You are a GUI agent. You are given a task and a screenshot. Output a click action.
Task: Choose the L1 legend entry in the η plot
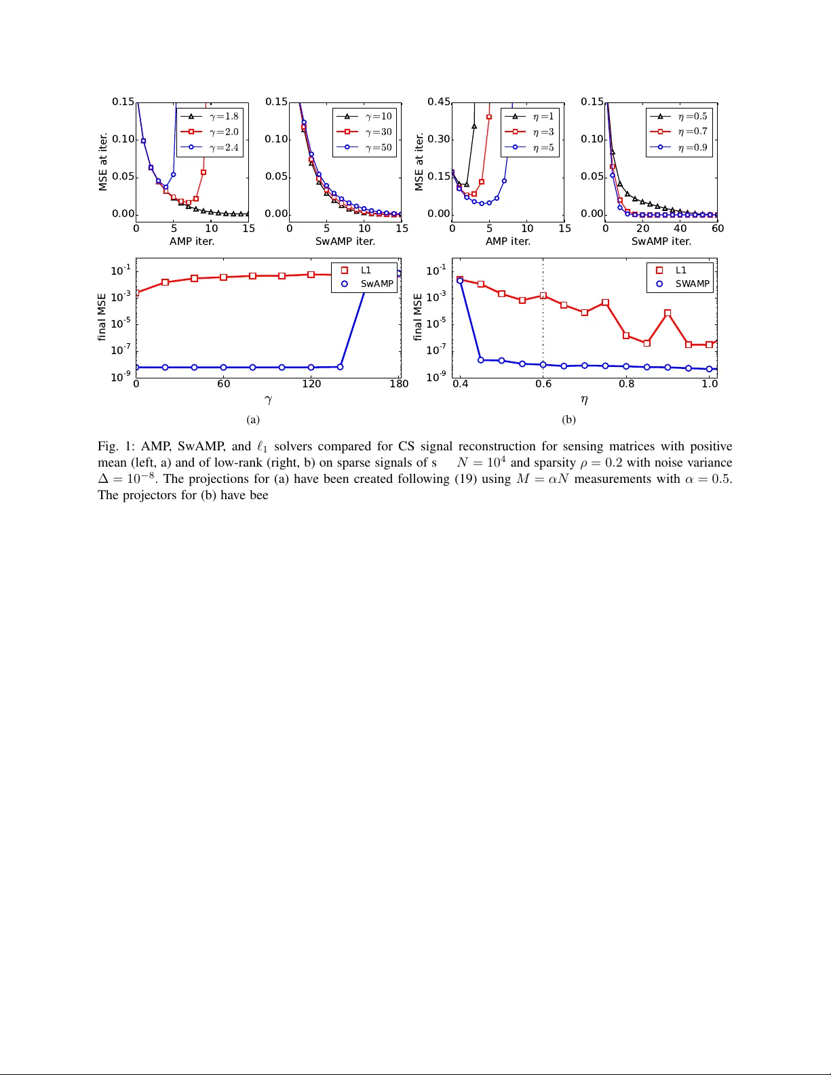[680, 270]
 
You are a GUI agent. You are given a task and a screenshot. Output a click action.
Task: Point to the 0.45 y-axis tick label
[439, 102]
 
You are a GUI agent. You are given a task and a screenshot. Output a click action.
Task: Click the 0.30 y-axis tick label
[439, 139]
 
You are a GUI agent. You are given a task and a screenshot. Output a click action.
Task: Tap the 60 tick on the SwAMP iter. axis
[718, 229]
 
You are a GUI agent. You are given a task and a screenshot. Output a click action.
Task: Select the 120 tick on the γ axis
[311, 384]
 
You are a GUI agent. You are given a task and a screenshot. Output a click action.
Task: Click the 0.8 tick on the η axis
[627, 384]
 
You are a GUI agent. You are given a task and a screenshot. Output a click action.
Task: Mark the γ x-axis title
[268, 400]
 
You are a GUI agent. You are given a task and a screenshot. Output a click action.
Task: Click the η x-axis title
[584, 400]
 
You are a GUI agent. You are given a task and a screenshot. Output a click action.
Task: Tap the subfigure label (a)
[253, 419]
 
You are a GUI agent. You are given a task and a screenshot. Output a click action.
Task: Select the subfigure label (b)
[568, 419]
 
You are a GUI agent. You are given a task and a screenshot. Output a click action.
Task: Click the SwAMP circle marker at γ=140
[341, 367]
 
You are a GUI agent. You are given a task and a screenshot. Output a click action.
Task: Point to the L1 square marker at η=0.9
[668, 313]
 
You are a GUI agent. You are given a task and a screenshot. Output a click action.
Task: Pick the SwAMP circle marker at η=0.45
[481, 360]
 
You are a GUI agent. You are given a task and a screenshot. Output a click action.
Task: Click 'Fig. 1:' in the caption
[117, 446]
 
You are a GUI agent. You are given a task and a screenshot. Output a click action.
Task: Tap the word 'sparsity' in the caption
[554, 463]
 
